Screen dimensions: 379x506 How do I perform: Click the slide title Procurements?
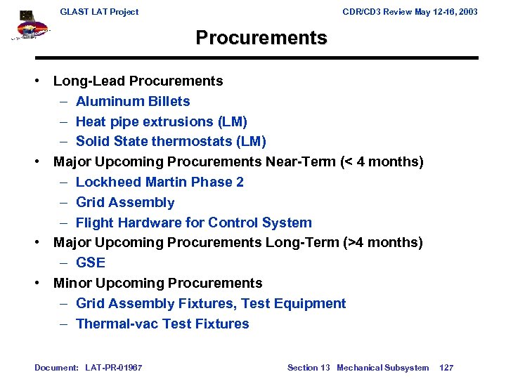click(x=261, y=38)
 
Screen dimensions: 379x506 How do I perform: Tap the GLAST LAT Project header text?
click(x=99, y=11)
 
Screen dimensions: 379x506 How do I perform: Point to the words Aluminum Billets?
click(x=132, y=101)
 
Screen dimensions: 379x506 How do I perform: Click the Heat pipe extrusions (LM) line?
click(x=161, y=121)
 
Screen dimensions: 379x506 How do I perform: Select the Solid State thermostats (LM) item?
click(x=171, y=142)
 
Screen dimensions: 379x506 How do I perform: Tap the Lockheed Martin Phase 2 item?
click(x=160, y=182)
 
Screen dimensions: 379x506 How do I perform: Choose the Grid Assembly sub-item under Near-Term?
click(x=124, y=202)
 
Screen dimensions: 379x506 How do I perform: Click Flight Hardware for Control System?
click(x=193, y=222)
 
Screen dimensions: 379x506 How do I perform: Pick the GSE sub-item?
click(x=90, y=262)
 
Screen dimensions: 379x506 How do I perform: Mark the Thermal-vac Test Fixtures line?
click(x=162, y=324)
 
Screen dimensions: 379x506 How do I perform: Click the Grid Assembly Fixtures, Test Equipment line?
click(x=210, y=303)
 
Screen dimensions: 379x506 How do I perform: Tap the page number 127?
click(x=446, y=367)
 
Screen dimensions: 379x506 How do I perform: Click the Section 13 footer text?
click(x=308, y=367)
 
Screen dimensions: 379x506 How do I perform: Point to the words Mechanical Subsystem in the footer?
click(x=382, y=367)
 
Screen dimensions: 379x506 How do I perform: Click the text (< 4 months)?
click(x=382, y=162)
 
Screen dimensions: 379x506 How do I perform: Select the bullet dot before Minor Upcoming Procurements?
click(x=39, y=283)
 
